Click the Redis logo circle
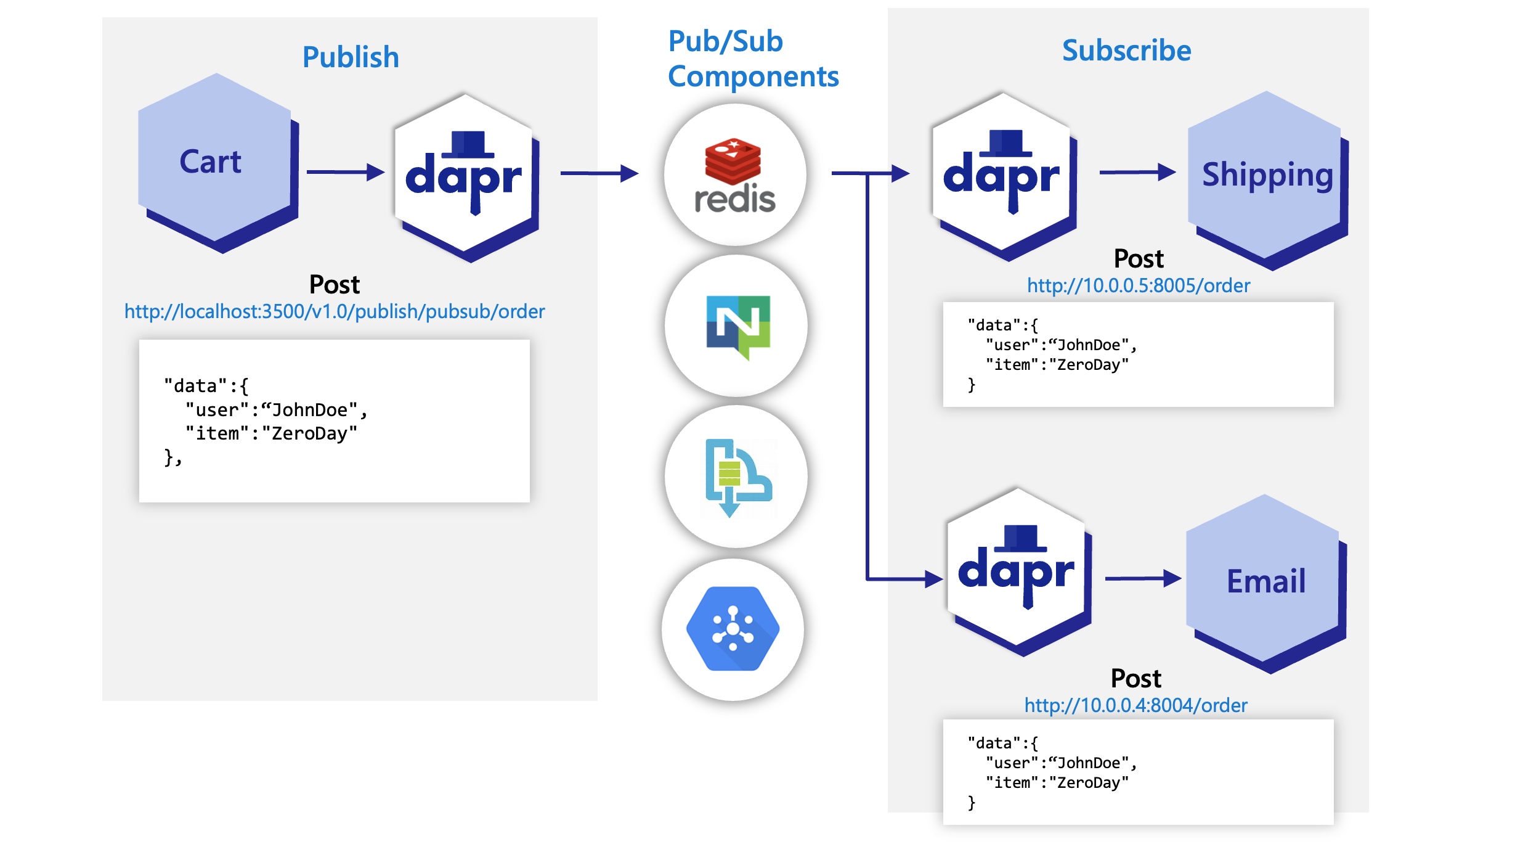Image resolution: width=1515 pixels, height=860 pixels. (x=734, y=174)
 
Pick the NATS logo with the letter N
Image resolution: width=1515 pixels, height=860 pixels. (x=737, y=326)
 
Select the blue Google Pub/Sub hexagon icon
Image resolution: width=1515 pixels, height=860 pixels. (x=733, y=629)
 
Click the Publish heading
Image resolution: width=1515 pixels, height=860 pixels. (x=351, y=57)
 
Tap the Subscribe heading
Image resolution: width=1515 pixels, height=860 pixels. (x=1126, y=51)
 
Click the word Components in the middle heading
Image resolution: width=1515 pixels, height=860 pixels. (x=753, y=77)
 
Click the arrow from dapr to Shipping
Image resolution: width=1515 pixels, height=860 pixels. (x=1137, y=172)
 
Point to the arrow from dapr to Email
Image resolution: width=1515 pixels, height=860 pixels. (x=1142, y=578)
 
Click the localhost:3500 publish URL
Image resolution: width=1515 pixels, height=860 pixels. (x=335, y=311)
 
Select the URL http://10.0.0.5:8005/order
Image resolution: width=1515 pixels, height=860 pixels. (x=1138, y=285)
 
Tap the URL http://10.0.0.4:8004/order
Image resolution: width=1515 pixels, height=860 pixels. (x=1135, y=705)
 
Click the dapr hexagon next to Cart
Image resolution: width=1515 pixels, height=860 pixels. (x=465, y=176)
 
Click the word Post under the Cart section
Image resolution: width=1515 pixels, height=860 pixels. (x=334, y=285)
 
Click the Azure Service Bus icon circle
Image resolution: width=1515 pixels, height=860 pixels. (x=736, y=477)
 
